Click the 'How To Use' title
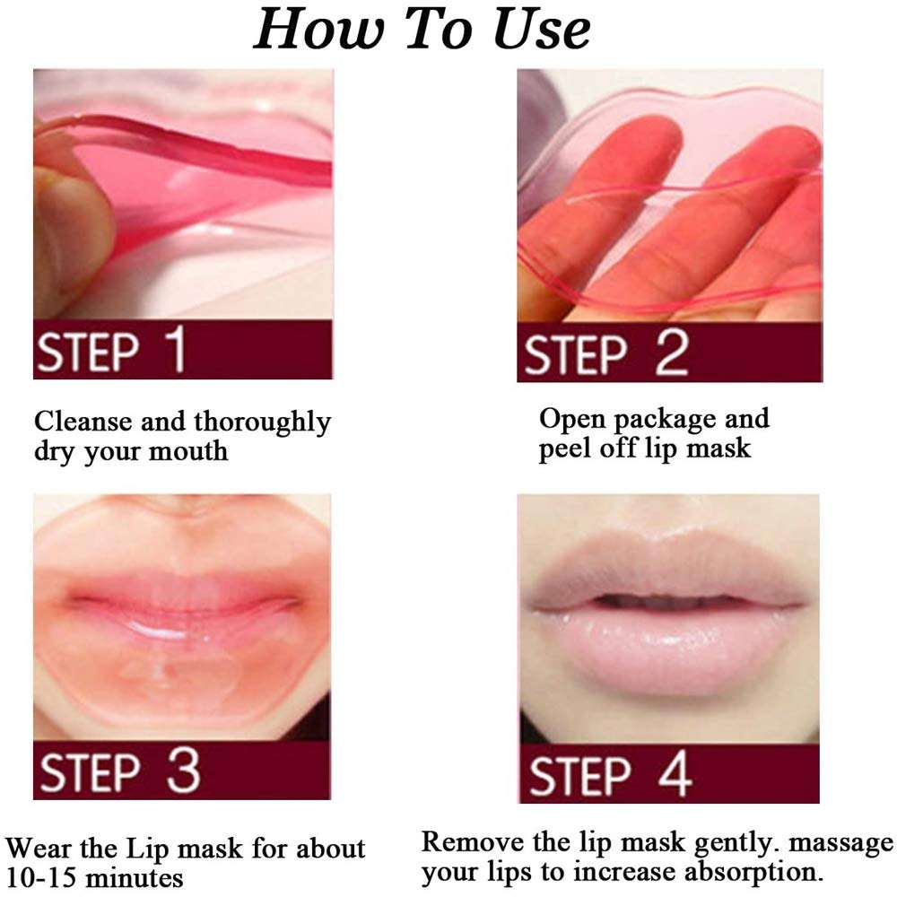coord(422,30)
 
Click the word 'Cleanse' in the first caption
coord(83,421)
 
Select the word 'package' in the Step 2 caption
coord(659,418)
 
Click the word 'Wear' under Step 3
coord(41,848)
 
